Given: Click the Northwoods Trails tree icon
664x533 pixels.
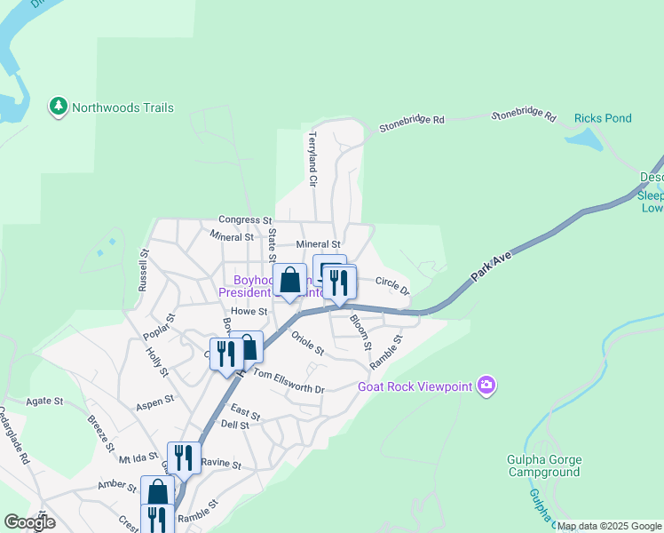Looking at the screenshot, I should pyautogui.click(x=59, y=107).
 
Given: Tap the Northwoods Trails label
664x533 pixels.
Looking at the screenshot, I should pyautogui.click(x=123, y=108).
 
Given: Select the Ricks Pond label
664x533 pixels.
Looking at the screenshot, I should pyautogui.click(x=604, y=118).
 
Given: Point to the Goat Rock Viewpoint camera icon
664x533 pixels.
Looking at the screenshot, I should pyautogui.click(x=486, y=386).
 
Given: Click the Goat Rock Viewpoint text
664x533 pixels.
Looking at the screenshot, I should pyautogui.click(x=415, y=386).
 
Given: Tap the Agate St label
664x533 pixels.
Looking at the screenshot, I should pyautogui.click(x=44, y=402).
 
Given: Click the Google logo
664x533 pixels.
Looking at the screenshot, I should pyautogui.click(x=29, y=522).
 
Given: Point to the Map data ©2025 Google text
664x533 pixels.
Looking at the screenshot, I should pyautogui.click(x=609, y=526).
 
